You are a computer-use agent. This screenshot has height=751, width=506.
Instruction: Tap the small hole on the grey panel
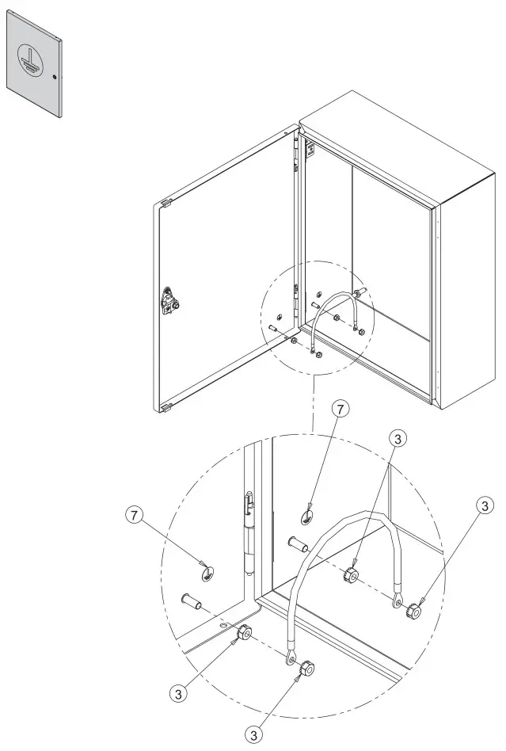click(x=55, y=77)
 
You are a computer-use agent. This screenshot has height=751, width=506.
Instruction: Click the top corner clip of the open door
click(x=166, y=204)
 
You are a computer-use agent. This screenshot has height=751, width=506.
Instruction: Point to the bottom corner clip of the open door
click(x=166, y=408)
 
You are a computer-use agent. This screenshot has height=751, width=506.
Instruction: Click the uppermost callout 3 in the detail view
click(x=399, y=437)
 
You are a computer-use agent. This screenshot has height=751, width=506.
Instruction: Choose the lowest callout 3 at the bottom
click(x=254, y=735)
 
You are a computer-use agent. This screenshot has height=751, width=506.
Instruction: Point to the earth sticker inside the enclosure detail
click(x=308, y=517)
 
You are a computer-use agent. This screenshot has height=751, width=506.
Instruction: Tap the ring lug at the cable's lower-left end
click(x=291, y=659)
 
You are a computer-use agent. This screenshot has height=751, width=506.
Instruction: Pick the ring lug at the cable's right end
click(x=397, y=604)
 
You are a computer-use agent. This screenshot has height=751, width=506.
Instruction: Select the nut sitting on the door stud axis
click(x=244, y=633)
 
